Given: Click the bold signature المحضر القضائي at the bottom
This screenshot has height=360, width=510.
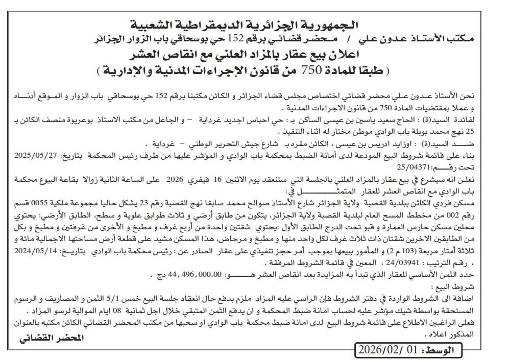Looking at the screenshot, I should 51,339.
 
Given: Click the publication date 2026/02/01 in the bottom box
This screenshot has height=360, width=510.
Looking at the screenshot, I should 390,350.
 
